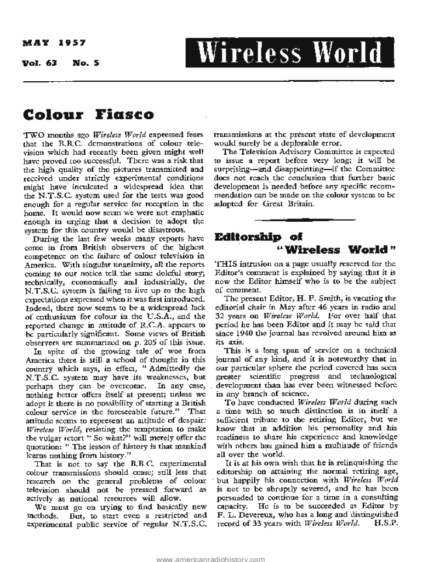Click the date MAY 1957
(53, 43)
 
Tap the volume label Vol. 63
(39, 63)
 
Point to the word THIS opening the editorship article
(228, 263)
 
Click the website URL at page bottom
(211, 558)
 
